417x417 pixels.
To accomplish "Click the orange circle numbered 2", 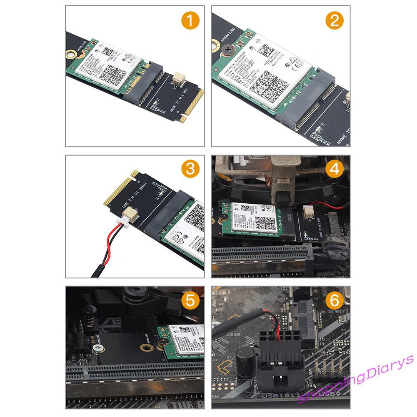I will [x=335, y=21].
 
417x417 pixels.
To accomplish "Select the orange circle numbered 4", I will [x=335, y=169].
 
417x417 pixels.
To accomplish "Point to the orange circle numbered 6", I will [x=335, y=300].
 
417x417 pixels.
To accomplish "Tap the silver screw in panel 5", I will [x=97, y=347].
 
